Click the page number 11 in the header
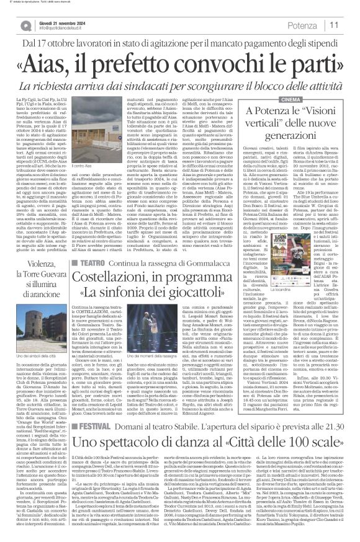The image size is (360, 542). [x=350, y=24]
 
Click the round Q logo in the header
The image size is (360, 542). [x=24, y=25]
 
